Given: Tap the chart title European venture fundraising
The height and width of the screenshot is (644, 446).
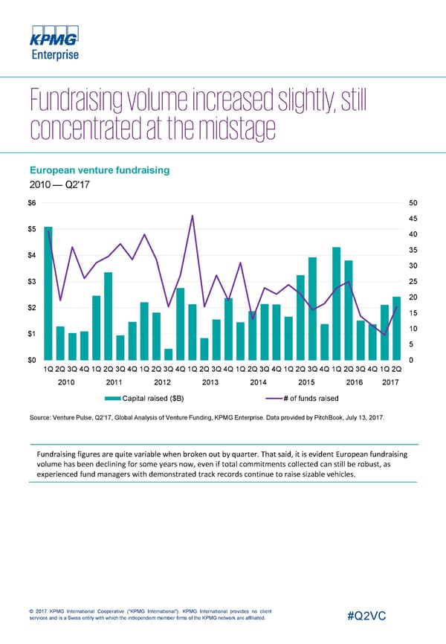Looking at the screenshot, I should (x=100, y=170).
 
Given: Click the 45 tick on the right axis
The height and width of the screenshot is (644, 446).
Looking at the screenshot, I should (x=413, y=218).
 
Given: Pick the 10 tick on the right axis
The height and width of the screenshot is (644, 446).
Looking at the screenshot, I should (x=413, y=329).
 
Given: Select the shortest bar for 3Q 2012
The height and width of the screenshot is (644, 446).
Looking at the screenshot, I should (x=169, y=354).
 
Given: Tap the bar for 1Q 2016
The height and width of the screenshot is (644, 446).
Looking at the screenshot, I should (x=336, y=303).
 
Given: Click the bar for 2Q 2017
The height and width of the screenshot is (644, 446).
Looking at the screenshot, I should (x=396, y=328).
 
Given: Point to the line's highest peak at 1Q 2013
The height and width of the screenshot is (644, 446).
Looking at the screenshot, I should (x=193, y=216).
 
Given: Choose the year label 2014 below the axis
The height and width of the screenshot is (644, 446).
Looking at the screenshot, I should (x=259, y=382).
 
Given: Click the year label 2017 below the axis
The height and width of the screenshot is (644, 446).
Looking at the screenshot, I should (x=391, y=382).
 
